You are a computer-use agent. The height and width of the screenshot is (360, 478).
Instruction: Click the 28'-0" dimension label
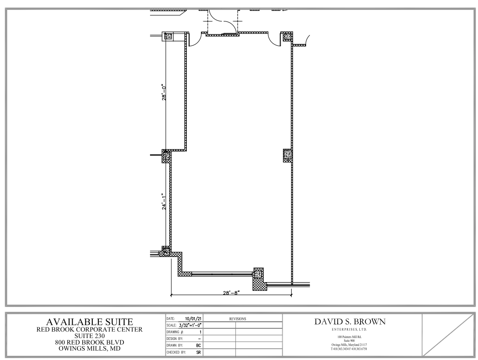click(164, 92)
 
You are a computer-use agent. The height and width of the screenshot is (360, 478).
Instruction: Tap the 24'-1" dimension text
click(164, 201)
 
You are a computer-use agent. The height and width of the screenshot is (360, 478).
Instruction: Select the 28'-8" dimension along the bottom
click(232, 293)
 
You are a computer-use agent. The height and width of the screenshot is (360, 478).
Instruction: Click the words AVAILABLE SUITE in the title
click(89, 322)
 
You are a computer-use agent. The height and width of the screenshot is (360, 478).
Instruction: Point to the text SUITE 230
click(89, 336)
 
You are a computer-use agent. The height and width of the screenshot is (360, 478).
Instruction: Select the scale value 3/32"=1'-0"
click(190, 325)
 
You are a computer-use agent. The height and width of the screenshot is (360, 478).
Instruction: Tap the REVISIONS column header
click(238, 319)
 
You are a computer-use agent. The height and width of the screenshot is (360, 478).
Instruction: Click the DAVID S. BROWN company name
click(350, 322)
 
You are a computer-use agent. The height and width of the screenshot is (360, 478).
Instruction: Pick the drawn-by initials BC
click(198, 346)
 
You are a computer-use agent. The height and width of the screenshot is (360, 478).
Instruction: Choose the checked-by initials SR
click(198, 353)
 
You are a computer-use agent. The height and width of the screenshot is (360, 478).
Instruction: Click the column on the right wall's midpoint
click(287, 155)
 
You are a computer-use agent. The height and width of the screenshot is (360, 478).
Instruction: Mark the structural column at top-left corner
click(168, 36)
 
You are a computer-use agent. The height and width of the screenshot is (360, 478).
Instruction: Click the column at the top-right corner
click(287, 37)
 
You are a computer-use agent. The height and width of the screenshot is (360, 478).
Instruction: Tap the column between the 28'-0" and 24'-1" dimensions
click(166, 157)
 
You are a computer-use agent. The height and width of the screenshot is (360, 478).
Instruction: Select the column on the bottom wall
click(259, 275)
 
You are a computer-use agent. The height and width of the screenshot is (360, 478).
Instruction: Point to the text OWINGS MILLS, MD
click(89, 348)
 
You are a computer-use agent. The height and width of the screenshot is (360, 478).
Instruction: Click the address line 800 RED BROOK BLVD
click(89, 342)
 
